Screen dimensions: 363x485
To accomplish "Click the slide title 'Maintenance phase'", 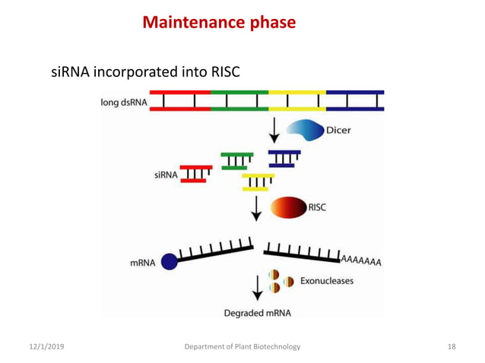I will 219,23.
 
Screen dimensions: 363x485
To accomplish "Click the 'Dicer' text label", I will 338,130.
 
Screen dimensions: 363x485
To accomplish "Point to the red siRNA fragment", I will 196,174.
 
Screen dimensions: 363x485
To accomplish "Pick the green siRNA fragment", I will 237,160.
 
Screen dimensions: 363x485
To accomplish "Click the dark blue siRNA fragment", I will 285,158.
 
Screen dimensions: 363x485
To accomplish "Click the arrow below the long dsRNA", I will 273,128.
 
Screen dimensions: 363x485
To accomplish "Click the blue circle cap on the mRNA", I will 169,262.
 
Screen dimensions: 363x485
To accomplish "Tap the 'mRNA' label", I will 142,264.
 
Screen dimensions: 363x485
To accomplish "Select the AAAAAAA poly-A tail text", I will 361,260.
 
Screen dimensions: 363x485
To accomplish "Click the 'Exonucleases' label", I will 326,281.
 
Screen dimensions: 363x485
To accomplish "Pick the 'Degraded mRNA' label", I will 257,312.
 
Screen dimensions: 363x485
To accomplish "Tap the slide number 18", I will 452,347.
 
